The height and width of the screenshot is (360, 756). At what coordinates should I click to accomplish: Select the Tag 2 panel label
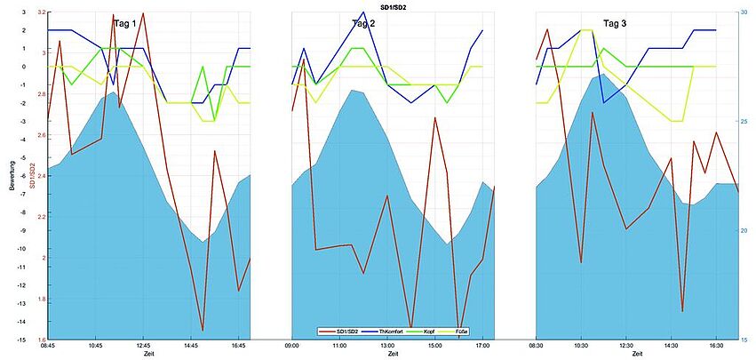click(x=359, y=24)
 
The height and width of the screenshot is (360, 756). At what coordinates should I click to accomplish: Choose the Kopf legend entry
click(x=429, y=332)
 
